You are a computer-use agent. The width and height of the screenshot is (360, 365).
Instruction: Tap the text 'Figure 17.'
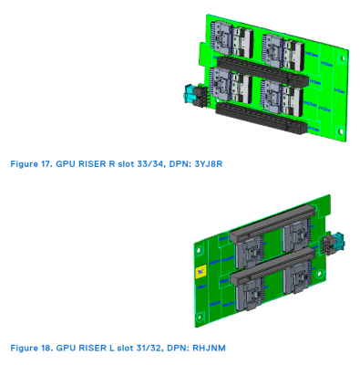(28, 164)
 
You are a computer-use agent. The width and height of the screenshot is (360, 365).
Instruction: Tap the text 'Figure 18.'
(28, 348)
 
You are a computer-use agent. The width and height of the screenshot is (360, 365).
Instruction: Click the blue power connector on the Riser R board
(190, 94)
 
